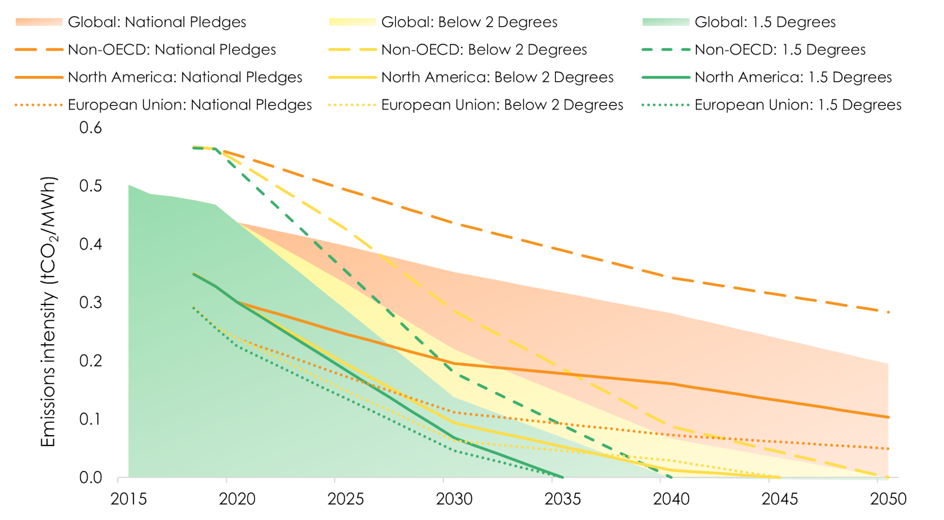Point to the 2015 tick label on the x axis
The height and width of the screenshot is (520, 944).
click(129, 499)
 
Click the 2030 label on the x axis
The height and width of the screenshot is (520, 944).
click(454, 499)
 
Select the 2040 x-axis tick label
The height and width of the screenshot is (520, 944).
click(671, 499)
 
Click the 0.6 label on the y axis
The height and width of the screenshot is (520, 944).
click(90, 127)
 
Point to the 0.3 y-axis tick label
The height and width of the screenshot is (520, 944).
click(90, 302)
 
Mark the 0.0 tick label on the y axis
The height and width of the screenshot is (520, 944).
click(90, 477)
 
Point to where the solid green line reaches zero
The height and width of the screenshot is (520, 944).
click(563, 477)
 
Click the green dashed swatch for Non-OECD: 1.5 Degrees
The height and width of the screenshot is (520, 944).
click(665, 50)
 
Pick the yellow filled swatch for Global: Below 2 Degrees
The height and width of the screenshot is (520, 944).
click(352, 22)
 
